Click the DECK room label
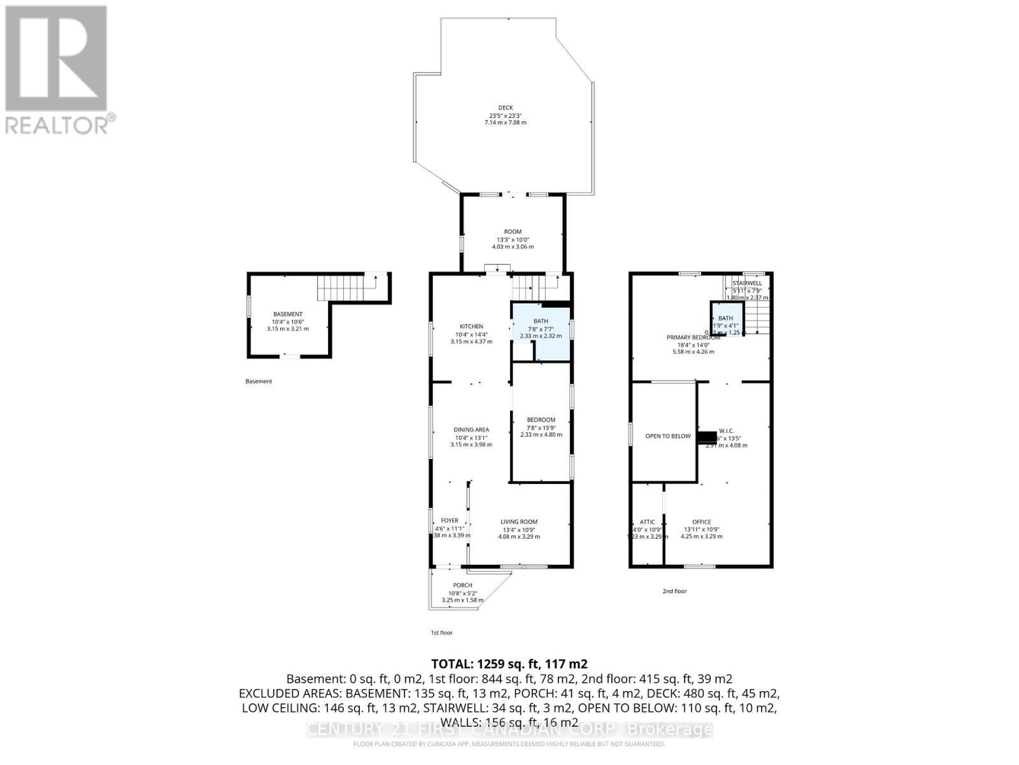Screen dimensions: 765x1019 click(x=505, y=108)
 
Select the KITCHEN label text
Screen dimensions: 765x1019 click(x=471, y=326)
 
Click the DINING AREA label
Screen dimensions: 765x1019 click(x=471, y=430)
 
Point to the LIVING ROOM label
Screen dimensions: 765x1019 click(x=519, y=521)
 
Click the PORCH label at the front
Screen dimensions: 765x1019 click(x=462, y=585)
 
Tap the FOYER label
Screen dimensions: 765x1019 click(x=450, y=521)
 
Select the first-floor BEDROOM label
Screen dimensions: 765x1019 click(x=541, y=419)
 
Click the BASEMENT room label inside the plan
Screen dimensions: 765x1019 click(x=287, y=314)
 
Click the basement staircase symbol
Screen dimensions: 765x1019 click(x=344, y=288)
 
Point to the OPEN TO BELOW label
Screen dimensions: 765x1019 click(x=667, y=436)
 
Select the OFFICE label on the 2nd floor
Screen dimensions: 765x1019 click(x=702, y=522)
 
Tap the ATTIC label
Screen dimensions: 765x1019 click(x=647, y=522)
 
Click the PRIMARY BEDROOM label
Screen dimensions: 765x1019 click(x=693, y=337)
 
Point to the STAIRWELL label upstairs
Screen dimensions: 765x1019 click(x=747, y=283)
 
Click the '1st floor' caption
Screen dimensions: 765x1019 click(x=441, y=633)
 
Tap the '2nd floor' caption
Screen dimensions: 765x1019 click(x=674, y=591)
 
